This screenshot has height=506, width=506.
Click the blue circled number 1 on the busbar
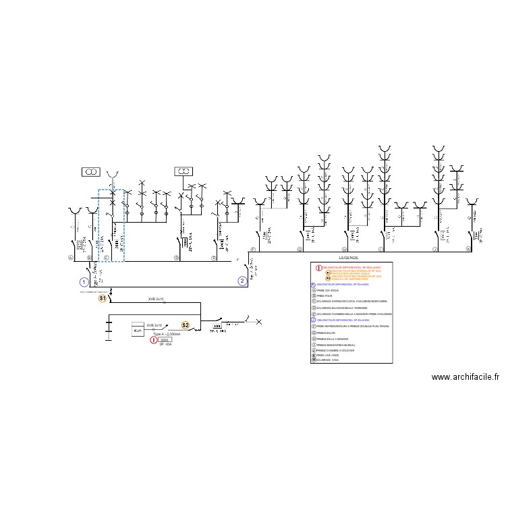[x=84, y=282]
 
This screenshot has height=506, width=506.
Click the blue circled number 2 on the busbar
[x=242, y=282]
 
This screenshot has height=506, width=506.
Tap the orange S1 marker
[x=103, y=298]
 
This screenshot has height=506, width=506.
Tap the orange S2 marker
[x=186, y=325]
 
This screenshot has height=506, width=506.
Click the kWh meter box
[x=138, y=329]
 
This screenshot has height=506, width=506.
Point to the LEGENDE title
[x=349, y=258]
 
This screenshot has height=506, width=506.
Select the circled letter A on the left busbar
[x=70, y=257]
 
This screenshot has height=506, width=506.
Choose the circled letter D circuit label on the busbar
[x=176, y=257]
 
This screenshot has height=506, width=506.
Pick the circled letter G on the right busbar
[x=300, y=250]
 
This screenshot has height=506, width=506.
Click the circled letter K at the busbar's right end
[x=468, y=250]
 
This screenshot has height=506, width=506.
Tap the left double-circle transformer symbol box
[x=90, y=173]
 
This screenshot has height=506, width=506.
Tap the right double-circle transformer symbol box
[x=184, y=172]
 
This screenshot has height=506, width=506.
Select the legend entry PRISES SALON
[x=328, y=333]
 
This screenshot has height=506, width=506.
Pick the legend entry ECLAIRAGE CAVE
[x=331, y=360]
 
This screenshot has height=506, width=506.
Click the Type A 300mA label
[x=166, y=334]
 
